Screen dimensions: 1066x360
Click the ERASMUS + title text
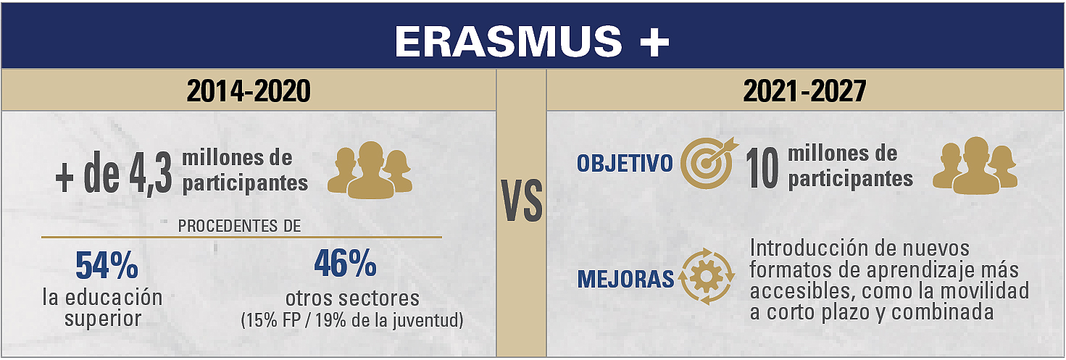point(532,41)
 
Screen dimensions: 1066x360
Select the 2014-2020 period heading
point(249,91)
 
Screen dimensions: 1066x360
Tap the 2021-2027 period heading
point(804,91)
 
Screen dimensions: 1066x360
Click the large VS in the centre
point(522,201)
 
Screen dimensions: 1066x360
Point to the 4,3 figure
point(151,175)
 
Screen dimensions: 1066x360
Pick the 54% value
point(107,265)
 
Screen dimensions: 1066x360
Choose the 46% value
point(346,264)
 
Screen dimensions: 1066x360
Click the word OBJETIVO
point(625,163)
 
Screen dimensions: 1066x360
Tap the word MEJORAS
point(626,279)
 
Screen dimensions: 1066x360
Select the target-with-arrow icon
point(709,163)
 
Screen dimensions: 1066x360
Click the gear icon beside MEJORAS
point(707,276)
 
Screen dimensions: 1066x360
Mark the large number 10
point(762,168)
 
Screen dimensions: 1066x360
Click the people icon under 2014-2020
point(370,169)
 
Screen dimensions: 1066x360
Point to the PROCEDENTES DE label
point(239,226)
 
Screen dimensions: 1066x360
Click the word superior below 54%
point(103,319)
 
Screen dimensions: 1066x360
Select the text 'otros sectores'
point(353,298)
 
